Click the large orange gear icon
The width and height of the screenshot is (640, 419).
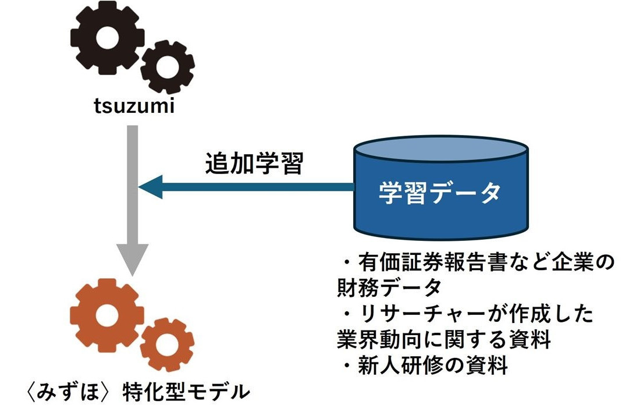[106, 315]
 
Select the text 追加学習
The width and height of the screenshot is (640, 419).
[254, 165]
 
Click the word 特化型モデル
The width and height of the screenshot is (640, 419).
[186, 392]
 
